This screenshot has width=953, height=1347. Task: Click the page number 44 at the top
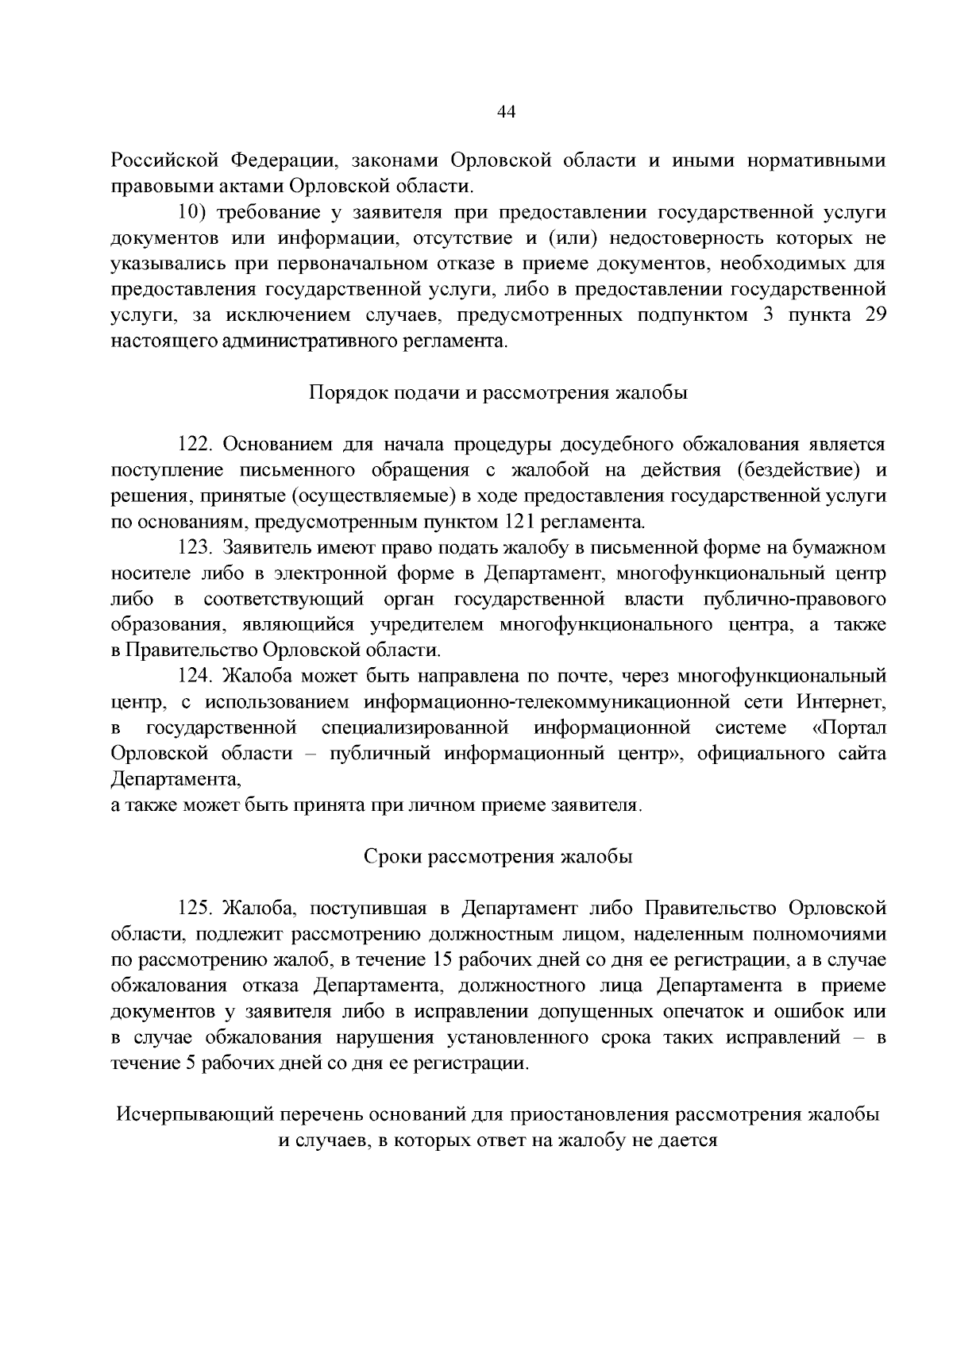506,112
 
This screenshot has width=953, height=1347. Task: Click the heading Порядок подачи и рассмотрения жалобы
497,392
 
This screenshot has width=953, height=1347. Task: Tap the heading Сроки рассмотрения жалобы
498,857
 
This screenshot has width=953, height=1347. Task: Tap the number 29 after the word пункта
874,315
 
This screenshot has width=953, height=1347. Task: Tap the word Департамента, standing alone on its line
176,779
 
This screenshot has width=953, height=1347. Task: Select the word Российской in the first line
164,160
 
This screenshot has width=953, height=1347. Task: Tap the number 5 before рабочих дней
191,1063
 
